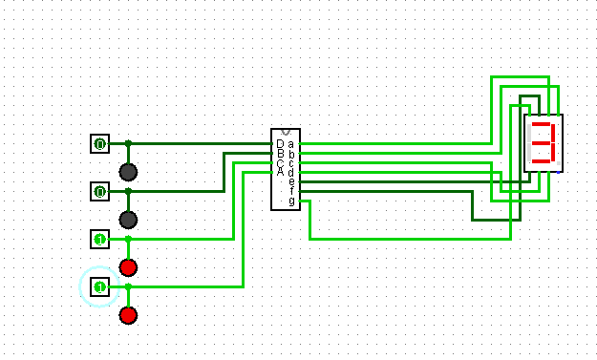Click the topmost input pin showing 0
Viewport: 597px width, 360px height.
click(x=99, y=143)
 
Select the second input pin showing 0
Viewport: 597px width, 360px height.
click(x=99, y=192)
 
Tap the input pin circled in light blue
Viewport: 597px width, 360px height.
click(x=99, y=286)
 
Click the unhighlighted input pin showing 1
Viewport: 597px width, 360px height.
click(x=99, y=238)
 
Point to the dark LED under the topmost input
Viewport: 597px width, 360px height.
click(x=128, y=172)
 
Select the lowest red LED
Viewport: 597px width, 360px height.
click(x=128, y=315)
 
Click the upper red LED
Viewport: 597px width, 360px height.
click(x=128, y=266)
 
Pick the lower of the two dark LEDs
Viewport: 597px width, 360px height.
click(x=128, y=220)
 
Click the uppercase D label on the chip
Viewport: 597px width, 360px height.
click(x=279, y=144)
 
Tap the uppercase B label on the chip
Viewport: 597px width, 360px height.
click(x=279, y=154)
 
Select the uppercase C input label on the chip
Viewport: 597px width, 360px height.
click(x=279, y=162)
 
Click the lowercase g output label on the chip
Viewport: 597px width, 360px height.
click(x=291, y=201)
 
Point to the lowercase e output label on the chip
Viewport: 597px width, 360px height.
click(x=291, y=181)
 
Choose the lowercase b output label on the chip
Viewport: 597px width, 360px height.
click(x=291, y=153)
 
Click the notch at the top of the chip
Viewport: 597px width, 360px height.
click(x=286, y=132)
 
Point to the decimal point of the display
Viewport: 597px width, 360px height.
click(x=559, y=163)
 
